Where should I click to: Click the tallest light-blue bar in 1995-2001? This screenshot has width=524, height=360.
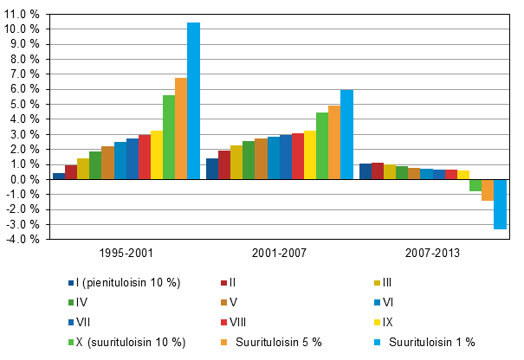(193, 101)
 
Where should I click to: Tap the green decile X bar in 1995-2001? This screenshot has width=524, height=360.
(169, 138)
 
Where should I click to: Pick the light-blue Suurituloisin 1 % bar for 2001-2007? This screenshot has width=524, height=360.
(346, 135)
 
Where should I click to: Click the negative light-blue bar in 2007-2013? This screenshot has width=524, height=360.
(500, 204)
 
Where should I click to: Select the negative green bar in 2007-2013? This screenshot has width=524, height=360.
(475, 185)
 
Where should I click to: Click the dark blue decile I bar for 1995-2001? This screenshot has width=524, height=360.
(59, 177)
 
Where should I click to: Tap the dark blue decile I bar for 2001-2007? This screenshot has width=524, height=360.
(212, 169)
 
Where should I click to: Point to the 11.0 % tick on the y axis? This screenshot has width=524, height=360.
(22, 14)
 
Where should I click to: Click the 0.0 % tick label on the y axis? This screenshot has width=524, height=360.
(24, 180)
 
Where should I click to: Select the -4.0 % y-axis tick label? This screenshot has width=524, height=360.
(23, 240)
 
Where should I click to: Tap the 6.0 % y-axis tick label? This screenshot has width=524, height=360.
(24, 89)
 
